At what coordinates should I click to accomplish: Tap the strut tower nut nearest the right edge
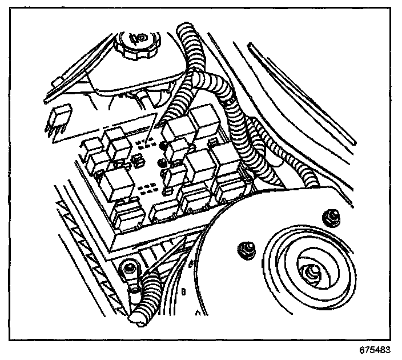[x=328, y=217]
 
